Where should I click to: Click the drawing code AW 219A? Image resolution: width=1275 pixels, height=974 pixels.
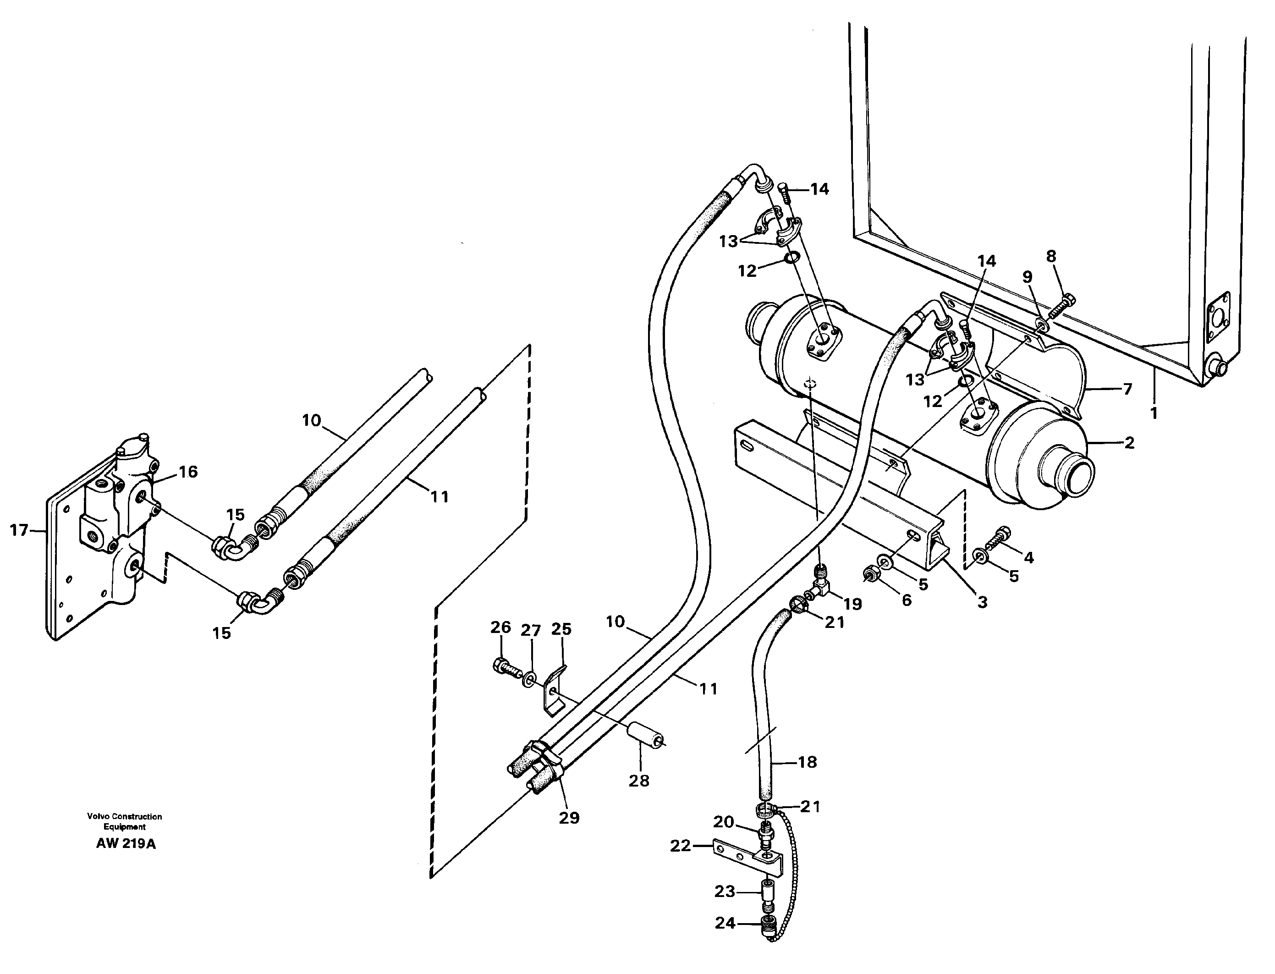[126, 843]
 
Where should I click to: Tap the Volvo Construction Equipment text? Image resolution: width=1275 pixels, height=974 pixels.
[125, 821]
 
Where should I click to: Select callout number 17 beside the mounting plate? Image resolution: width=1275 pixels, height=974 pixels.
[19, 529]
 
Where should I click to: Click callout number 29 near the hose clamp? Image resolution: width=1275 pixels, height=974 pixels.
[569, 817]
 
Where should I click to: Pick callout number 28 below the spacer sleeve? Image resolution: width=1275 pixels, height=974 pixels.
[639, 781]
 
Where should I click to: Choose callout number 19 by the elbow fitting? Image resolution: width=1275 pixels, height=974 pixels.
[852, 604]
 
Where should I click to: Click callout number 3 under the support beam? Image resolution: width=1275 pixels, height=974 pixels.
[982, 602]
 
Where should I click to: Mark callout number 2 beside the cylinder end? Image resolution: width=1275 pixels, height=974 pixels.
[1129, 443]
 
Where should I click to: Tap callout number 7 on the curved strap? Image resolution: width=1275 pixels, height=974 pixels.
[1127, 389]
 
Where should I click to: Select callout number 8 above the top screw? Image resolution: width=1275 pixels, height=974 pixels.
[1051, 256]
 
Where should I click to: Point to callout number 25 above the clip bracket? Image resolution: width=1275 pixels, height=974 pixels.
[561, 628]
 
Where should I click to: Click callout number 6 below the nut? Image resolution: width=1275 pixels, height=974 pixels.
[907, 600]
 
